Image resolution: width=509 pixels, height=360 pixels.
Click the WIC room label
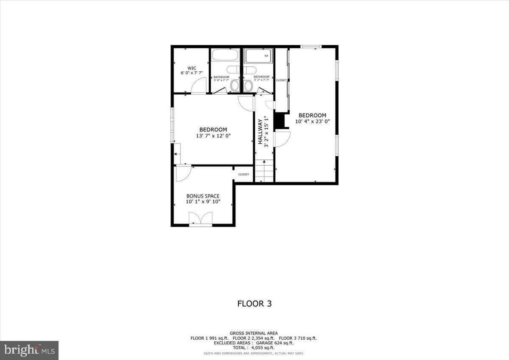click(192, 68)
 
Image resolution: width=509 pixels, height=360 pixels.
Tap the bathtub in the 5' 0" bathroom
click(226, 56)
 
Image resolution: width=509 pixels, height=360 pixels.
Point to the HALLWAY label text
click(260, 132)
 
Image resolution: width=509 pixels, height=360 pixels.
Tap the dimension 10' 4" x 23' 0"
click(312, 121)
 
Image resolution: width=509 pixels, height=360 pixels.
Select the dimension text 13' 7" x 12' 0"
click(213, 136)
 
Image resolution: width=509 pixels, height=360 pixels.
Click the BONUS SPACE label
click(203, 196)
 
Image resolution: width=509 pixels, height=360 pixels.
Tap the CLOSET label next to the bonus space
click(243, 174)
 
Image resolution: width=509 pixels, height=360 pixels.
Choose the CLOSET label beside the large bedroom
click(281, 80)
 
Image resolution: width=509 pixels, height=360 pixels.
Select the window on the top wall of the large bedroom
click(311, 46)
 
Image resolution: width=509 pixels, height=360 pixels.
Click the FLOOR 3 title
click(254, 304)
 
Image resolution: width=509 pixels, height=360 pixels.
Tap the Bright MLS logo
click(29, 350)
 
